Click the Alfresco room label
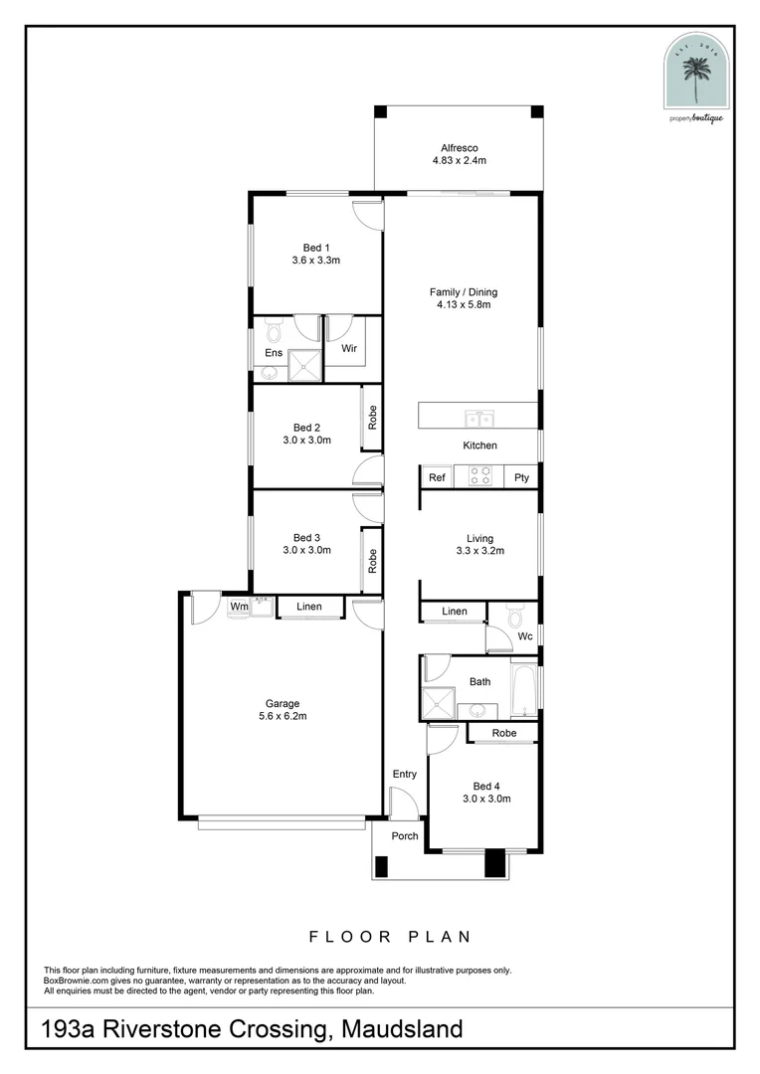459,146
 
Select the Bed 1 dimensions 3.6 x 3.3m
316,261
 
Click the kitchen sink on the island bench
476,416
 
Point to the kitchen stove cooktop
481,476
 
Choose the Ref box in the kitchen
437,477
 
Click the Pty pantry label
521,477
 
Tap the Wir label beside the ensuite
349,349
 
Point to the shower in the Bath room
437,704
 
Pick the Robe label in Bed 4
503,733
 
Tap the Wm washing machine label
239,606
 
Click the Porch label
404,835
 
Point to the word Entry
404,774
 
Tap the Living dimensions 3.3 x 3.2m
480,550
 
